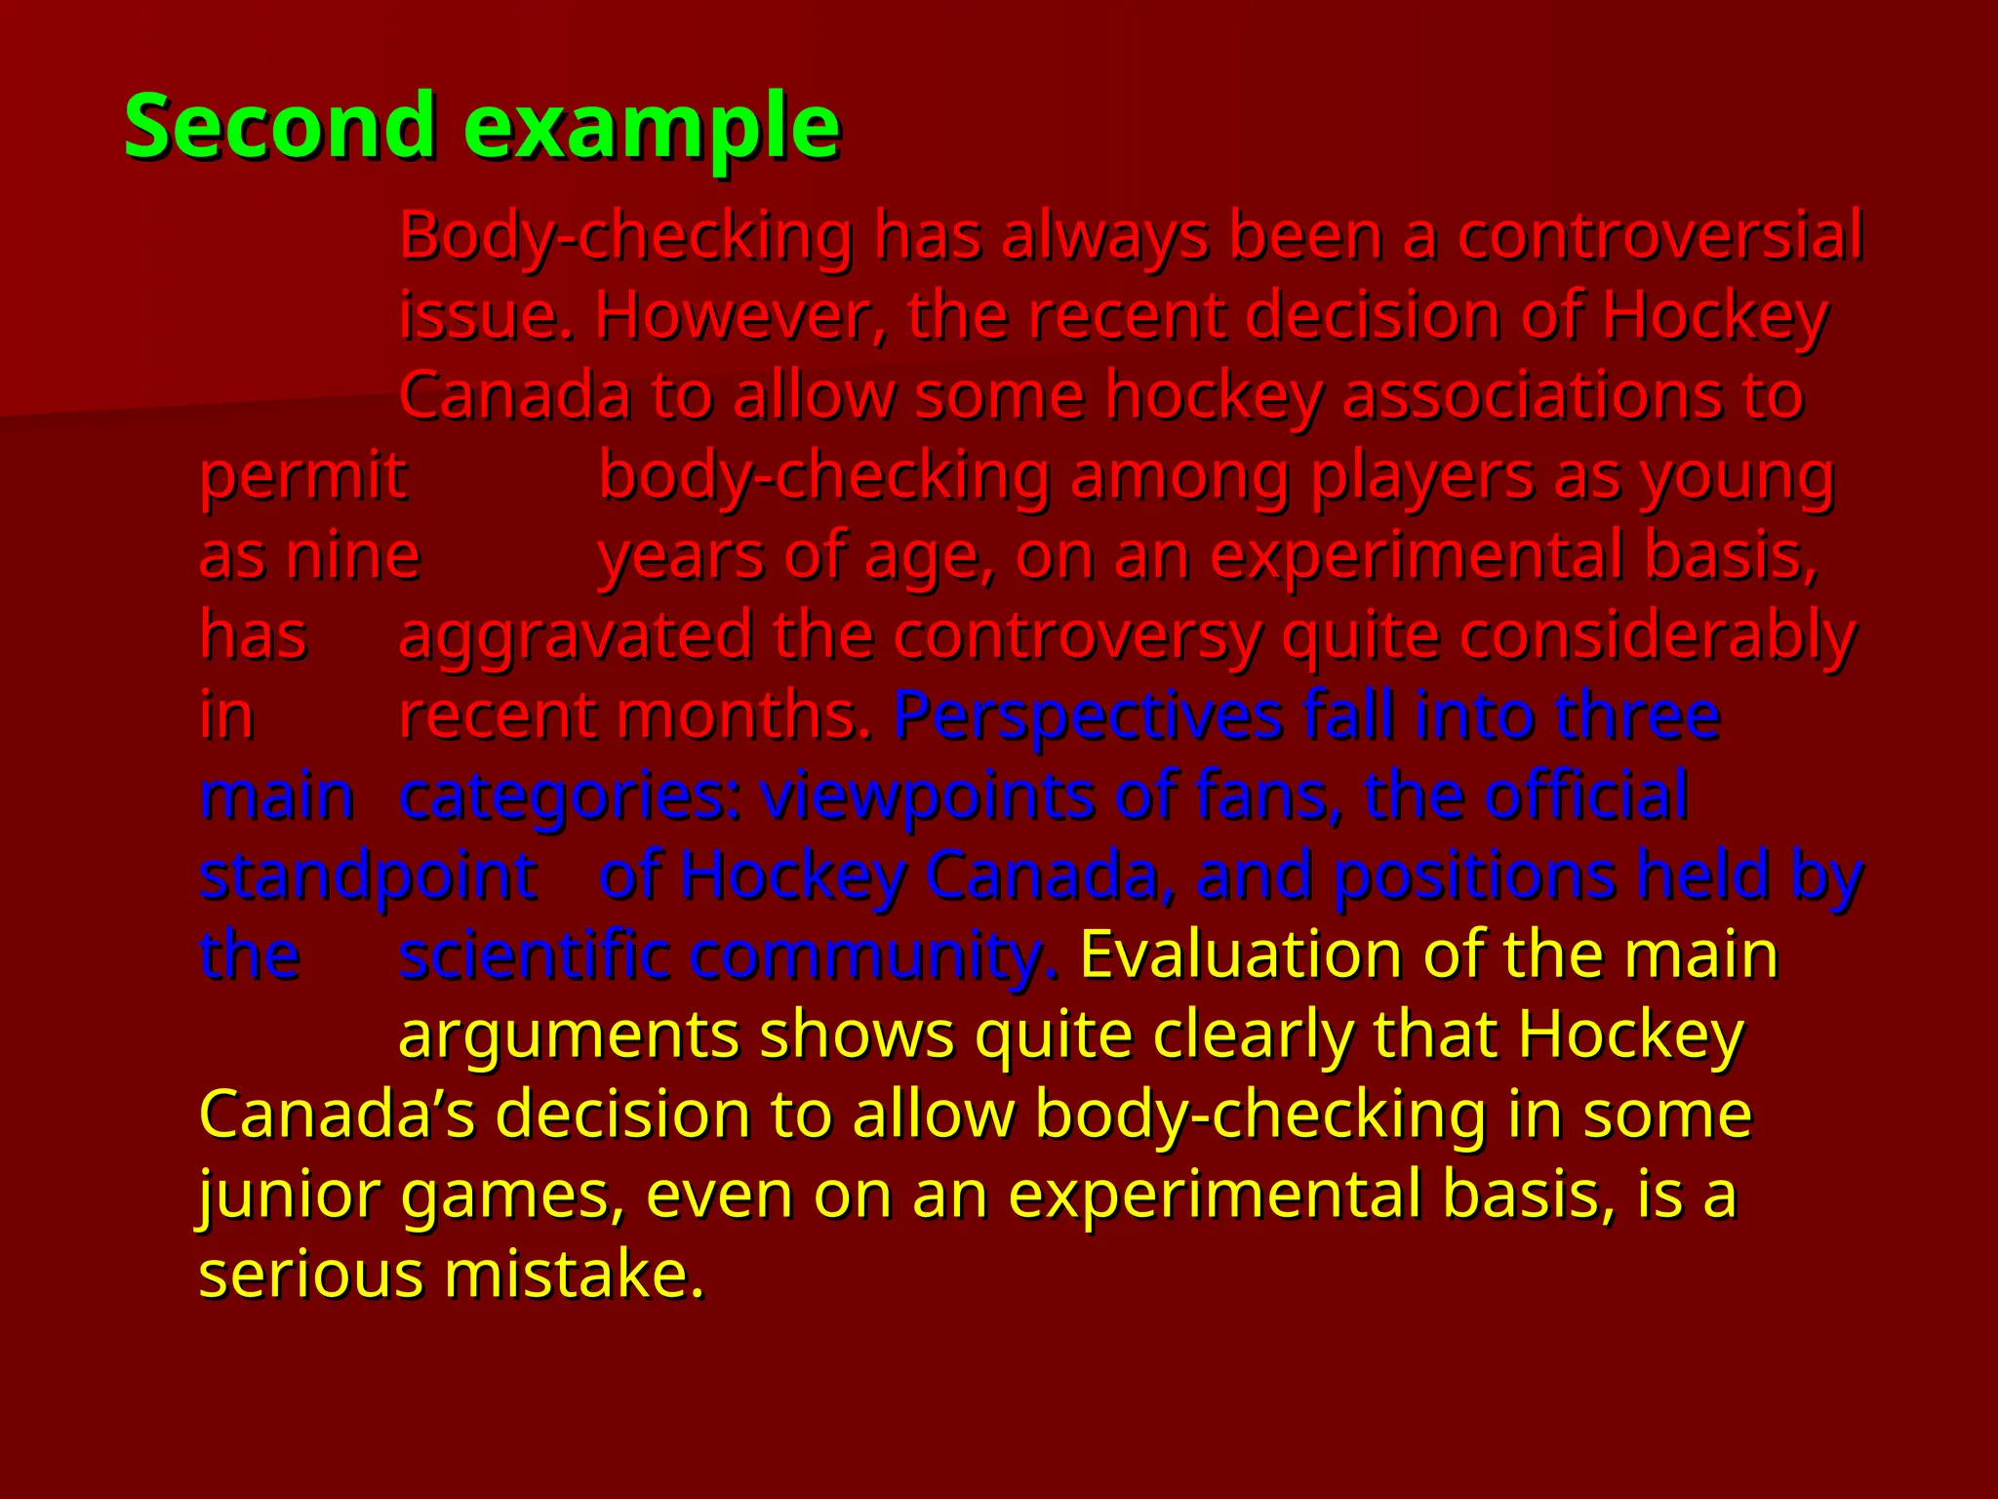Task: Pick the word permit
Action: [x=302, y=477]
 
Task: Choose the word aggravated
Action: [x=576, y=636]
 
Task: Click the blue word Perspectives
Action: [x=1087, y=716]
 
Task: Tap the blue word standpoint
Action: [x=368, y=876]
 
